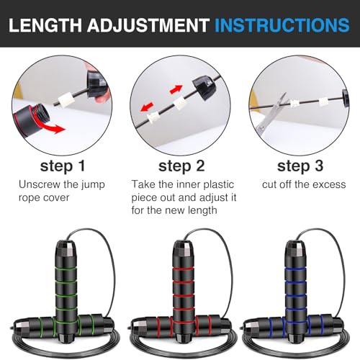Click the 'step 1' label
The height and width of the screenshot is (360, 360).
coord(63,166)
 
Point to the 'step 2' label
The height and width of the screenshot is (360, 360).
coord(181,166)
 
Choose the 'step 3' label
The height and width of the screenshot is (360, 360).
coord(300,166)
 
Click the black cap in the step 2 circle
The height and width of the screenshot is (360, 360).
coord(204,89)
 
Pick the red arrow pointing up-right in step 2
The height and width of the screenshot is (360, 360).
coord(176,89)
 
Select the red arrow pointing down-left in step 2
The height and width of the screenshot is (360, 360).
coord(147,107)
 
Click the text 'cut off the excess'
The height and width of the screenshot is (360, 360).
coord(304,184)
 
